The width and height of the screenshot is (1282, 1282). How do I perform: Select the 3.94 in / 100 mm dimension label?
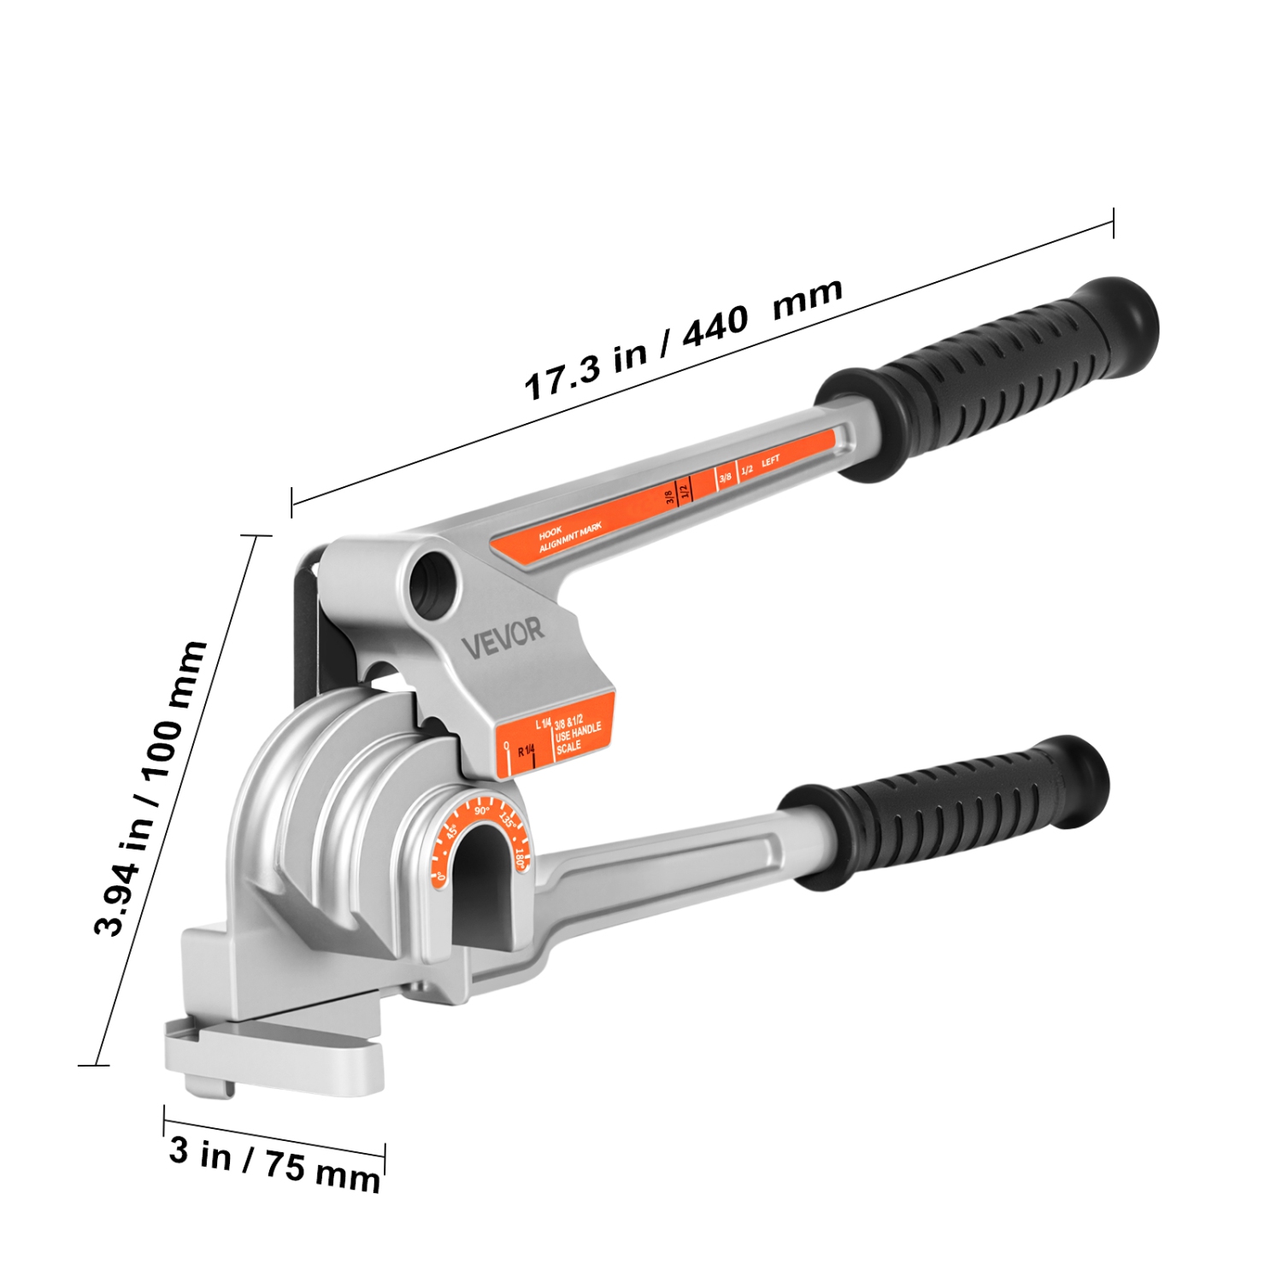point(151,787)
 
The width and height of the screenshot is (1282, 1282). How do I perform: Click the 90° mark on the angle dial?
point(482,810)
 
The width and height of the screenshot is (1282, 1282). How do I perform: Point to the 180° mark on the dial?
point(520,858)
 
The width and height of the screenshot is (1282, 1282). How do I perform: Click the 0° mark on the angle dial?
point(441,873)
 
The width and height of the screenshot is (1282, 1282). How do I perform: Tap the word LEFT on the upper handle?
point(770,462)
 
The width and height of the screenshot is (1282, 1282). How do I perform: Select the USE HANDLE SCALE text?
point(578,736)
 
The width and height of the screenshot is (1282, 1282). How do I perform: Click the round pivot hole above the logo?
point(433,584)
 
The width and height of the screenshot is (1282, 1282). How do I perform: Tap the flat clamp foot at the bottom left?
point(273,1060)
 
